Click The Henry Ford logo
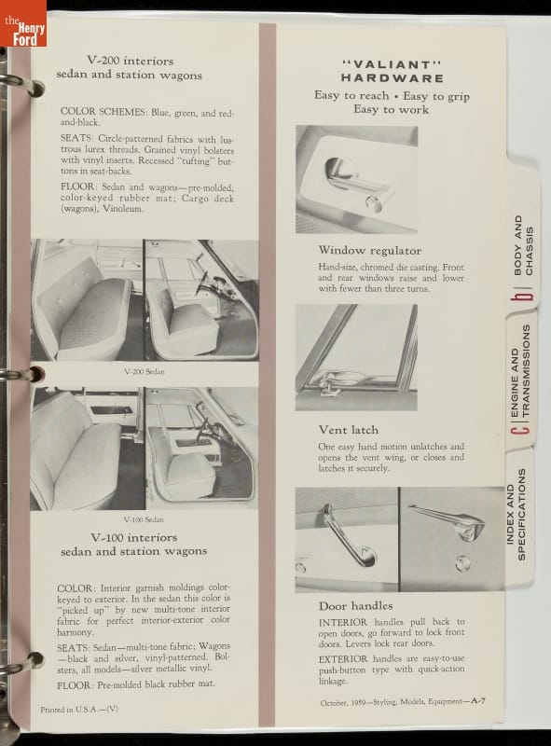(23, 23)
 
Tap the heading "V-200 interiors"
(130, 61)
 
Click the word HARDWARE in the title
(393, 78)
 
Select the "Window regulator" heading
(370, 250)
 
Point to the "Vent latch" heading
(349, 430)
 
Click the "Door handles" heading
(356, 605)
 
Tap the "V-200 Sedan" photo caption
(145, 371)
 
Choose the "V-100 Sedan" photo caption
(144, 519)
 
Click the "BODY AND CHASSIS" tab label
(523, 245)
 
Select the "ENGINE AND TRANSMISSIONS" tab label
(519, 371)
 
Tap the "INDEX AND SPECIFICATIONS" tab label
(516, 515)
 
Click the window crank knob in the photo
(374, 204)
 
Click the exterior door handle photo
(451, 539)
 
